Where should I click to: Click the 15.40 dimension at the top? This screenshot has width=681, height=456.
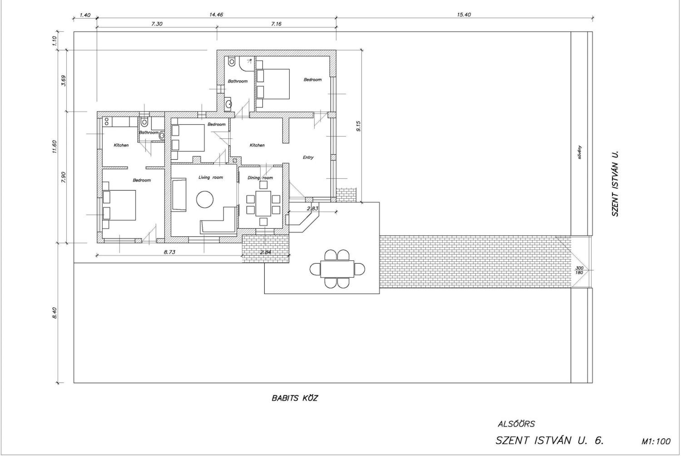[464, 15]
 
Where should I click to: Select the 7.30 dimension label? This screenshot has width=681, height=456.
[157, 24]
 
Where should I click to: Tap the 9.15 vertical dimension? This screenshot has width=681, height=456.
[358, 126]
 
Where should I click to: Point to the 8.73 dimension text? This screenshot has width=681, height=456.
[169, 252]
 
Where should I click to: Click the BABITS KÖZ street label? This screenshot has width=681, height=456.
[295, 398]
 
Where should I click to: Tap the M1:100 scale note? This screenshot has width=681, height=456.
[656, 441]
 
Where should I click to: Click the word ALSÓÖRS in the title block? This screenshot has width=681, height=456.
[516, 424]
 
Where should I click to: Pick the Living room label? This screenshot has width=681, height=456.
[211, 177]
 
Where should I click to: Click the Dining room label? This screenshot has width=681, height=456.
[260, 178]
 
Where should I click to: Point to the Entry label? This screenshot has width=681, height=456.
[308, 157]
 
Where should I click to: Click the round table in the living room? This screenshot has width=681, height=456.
[205, 199]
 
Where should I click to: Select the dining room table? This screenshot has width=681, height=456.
[263, 203]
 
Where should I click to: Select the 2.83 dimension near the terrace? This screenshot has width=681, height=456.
[312, 208]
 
